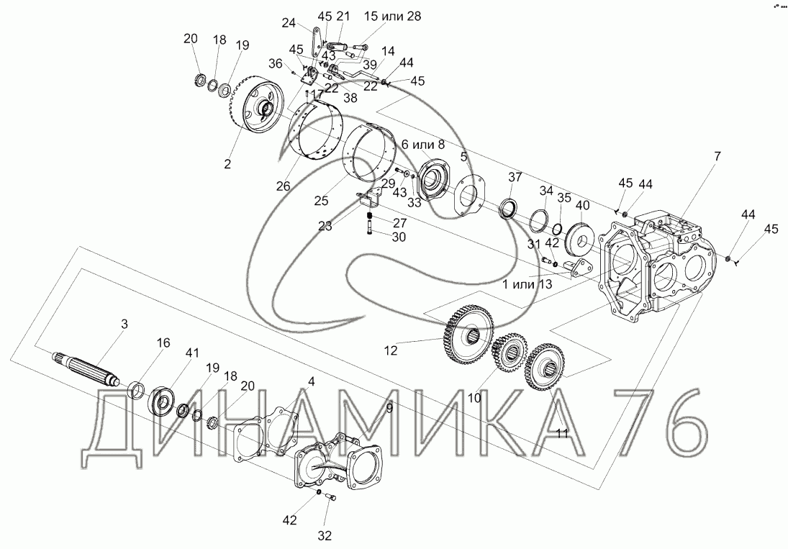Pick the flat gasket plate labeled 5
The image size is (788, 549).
coord(468,195)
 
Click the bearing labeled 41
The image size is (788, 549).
coord(161,399)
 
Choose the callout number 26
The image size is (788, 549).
coord(283,186)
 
